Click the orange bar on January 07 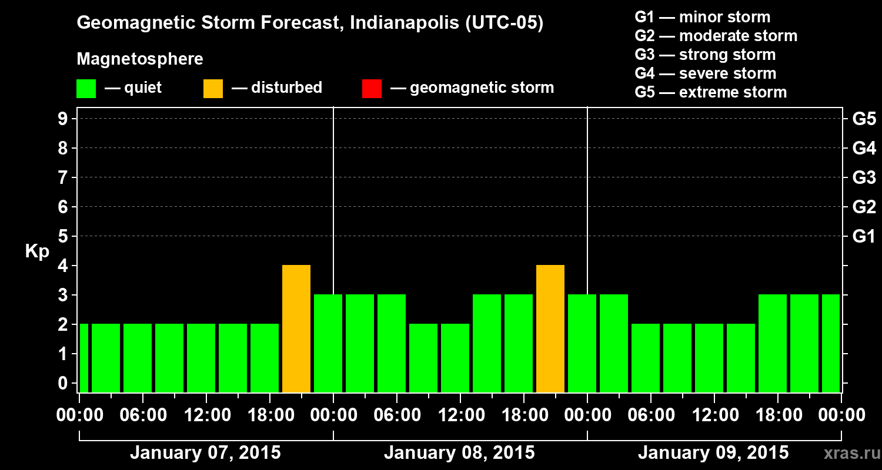[296, 328]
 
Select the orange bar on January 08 [550, 328]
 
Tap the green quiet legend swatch [86, 88]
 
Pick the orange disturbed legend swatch [213, 88]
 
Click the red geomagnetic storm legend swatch [372, 88]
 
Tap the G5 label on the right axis [864, 119]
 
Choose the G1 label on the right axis [864, 236]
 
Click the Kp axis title [37, 251]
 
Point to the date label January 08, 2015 [459, 453]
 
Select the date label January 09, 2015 [713, 453]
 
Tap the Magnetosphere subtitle [140, 59]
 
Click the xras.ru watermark [847, 453]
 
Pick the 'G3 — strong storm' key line [705, 55]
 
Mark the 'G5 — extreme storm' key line [710, 92]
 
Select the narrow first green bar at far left [83, 358]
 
